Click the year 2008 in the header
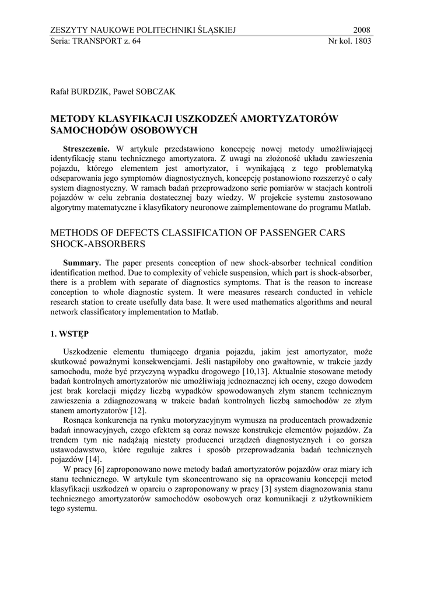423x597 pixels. (362, 30)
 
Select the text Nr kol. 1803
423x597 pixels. (350, 41)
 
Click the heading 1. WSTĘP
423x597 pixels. (69, 334)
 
